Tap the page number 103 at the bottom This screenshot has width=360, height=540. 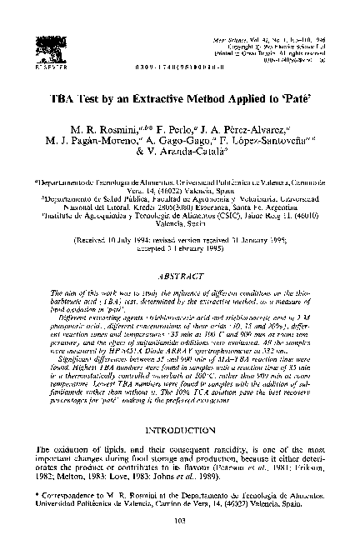coord(180,522)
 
